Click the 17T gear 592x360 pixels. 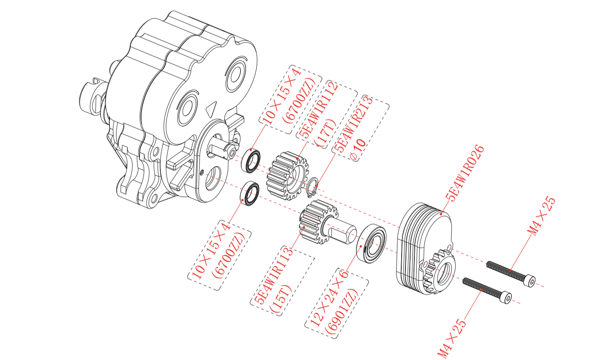(287, 175)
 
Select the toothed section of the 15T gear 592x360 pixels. (311, 222)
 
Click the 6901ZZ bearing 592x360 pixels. (372, 244)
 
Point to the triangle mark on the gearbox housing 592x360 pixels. (211, 109)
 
